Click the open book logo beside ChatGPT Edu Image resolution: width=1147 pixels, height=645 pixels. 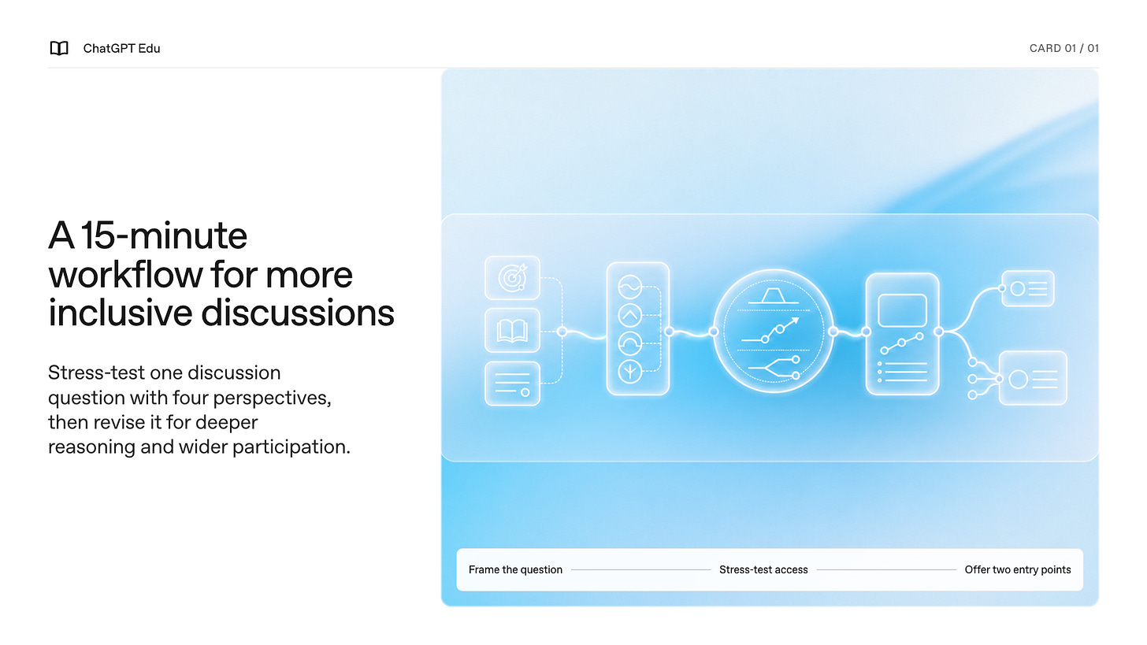[x=59, y=48]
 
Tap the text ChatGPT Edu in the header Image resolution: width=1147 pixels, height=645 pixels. [x=121, y=48]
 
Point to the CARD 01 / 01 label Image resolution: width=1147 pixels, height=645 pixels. [x=1063, y=48]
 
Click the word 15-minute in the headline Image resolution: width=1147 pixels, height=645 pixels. [x=164, y=235]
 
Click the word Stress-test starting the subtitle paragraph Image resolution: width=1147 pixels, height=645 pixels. [x=96, y=373]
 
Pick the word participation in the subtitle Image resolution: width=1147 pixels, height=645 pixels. [x=291, y=447]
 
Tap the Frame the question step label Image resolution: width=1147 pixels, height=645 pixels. [x=515, y=569]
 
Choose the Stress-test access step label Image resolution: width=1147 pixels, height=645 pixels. [x=763, y=569]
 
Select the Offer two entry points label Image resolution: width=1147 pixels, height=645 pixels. [x=1018, y=569]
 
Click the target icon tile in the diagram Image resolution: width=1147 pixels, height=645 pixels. [x=512, y=278]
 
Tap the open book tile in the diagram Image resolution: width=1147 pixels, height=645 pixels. [x=512, y=331]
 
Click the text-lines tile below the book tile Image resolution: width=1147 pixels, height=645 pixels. [x=512, y=384]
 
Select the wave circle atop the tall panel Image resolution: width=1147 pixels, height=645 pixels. [x=629, y=287]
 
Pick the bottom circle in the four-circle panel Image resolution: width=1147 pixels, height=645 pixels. [x=629, y=372]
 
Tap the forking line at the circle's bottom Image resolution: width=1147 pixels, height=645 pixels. [x=774, y=368]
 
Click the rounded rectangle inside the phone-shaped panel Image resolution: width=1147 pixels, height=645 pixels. [x=902, y=310]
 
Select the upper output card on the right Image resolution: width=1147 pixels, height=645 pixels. [x=1028, y=289]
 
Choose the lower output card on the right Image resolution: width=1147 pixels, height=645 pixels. [x=1033, y=379]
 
